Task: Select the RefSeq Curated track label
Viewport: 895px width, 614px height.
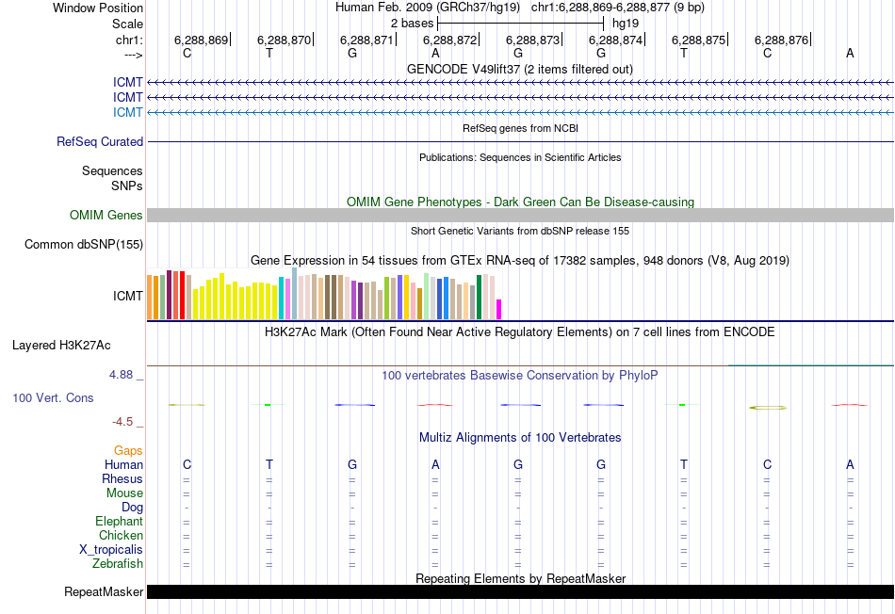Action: point(100,142)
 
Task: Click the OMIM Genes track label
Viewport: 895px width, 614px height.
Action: point(106,216)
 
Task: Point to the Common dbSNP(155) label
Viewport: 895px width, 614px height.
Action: point(84,245)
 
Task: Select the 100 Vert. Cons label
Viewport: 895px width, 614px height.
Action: point(53,398)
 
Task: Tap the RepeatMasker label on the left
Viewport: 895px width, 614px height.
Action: point(104,592)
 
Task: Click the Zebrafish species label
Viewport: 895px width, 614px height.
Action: point(118,564)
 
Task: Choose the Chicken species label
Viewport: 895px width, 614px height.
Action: point(122,536)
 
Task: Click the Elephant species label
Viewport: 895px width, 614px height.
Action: point(119,522)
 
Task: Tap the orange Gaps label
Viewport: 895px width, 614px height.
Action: point(128,451)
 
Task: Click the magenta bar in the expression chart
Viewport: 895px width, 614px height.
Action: point(499,309)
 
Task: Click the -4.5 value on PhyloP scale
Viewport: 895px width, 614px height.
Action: point(124,422)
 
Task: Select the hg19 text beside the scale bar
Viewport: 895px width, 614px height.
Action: point(625,23)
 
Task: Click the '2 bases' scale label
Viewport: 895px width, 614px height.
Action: point(413,23)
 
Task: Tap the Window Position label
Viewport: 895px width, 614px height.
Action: point(98,8)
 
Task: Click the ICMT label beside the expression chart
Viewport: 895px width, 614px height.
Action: point(128,296)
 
